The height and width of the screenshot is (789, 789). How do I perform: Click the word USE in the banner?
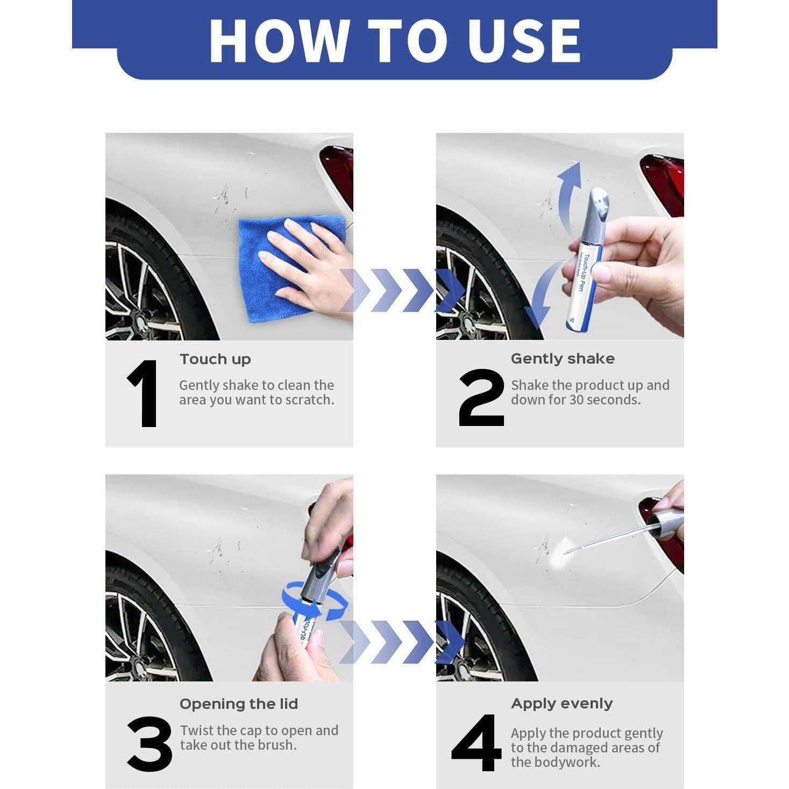[524, 40]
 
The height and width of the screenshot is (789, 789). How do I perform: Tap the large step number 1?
[143, 394]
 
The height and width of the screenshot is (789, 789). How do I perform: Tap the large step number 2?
[481, 397]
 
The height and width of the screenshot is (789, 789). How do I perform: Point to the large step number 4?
[476, 743]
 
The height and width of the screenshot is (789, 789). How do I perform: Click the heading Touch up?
[215, 359]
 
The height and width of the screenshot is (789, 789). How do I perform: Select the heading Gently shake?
[563, 359]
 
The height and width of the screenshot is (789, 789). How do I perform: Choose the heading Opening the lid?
[238, 703]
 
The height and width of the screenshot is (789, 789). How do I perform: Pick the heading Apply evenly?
[561, 703]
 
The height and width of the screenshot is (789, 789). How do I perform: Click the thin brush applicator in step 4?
[608, 538]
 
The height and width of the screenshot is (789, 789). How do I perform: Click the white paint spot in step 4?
[558, 554]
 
